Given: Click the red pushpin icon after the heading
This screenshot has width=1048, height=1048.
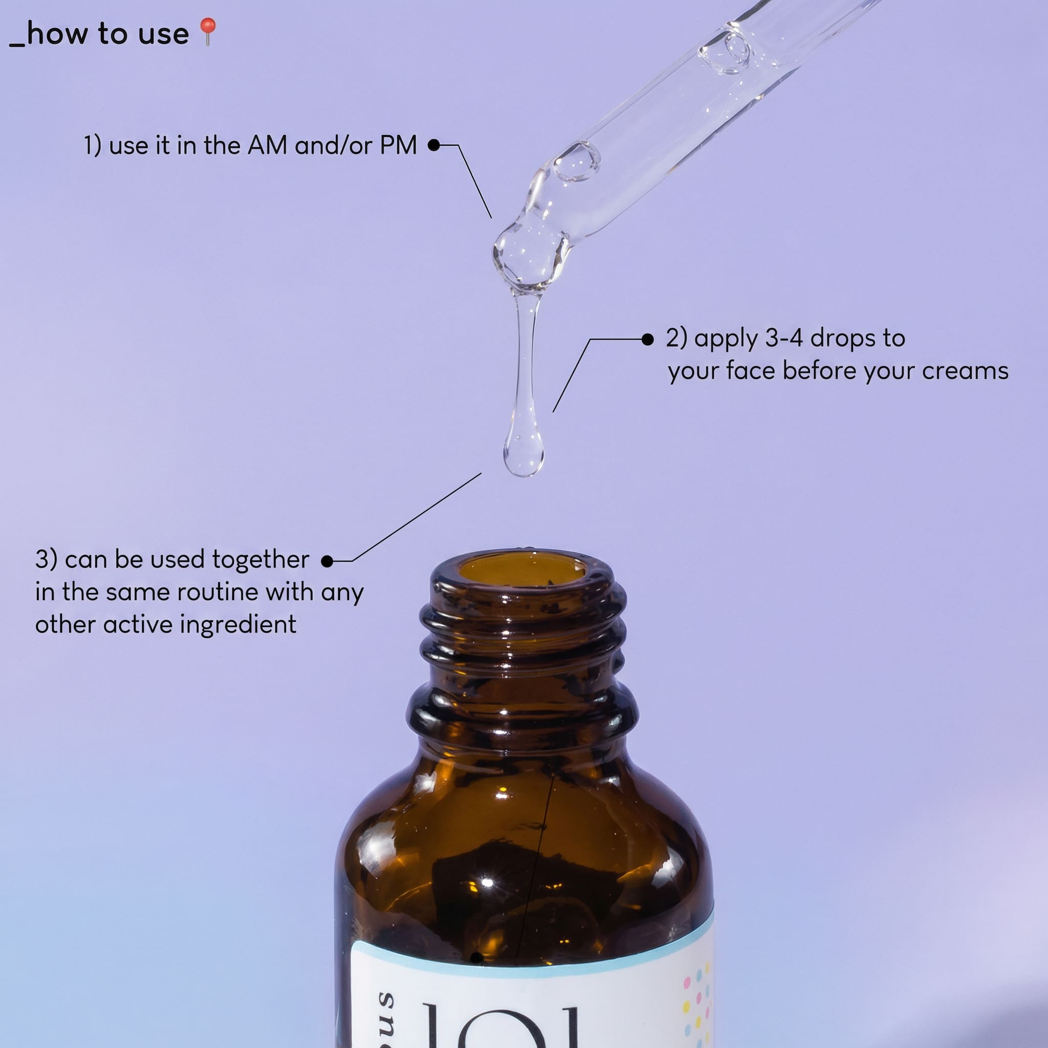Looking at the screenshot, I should coord(208,31).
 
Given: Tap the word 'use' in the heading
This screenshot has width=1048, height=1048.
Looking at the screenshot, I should coord(163,34).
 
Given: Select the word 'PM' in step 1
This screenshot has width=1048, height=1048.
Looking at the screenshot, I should coord(398,145).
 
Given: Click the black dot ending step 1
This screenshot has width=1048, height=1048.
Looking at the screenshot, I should coord(433,145).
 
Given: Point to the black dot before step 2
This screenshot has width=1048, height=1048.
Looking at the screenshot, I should coord(647,340).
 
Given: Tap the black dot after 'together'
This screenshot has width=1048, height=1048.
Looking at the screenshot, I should coord(327,561).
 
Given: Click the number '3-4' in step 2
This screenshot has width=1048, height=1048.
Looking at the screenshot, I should coord(783,338).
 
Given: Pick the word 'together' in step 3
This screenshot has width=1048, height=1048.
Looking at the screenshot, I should coord(260,560).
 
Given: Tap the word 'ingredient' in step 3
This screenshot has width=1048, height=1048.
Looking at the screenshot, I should coord(238,625).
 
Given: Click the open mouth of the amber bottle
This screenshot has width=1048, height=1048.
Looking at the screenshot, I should coord(523,570).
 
